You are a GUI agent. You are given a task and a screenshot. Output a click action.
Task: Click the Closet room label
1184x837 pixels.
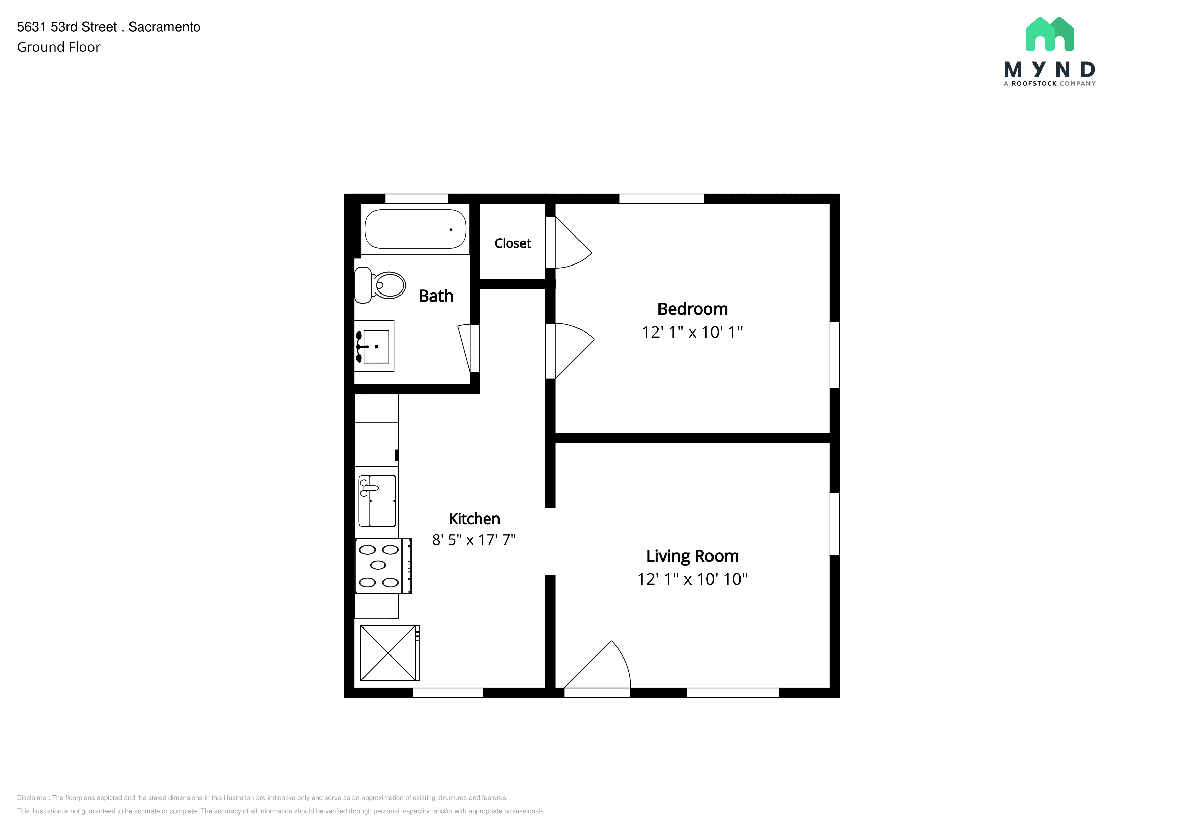513,243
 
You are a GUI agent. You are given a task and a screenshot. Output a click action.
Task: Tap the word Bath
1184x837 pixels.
436,296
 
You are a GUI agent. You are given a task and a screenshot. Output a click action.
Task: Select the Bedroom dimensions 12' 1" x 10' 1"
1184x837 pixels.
692,332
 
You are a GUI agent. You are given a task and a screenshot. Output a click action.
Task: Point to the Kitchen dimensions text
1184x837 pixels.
474,540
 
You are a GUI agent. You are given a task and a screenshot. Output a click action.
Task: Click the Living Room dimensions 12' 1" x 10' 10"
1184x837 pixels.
692,579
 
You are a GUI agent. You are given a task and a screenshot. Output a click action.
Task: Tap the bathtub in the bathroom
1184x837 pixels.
415,229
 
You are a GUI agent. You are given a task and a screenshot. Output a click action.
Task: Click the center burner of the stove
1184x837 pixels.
378,565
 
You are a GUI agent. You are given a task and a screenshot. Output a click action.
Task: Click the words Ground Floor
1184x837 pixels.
59,47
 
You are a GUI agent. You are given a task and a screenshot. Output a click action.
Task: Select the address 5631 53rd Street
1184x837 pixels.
67,27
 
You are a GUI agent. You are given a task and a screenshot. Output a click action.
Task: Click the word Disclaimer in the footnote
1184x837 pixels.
33,798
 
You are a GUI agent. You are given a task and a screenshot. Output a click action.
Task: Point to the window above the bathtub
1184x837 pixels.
417,198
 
